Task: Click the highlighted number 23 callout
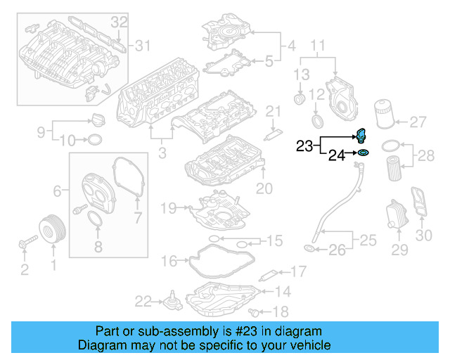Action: [304, 146]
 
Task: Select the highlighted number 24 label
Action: [337, 155]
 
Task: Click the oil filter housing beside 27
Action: [384, 114]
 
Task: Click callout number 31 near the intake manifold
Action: [143, 46]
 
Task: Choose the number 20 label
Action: [264, 188]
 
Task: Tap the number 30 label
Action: [424, 236]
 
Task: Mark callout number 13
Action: [302, 75]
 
